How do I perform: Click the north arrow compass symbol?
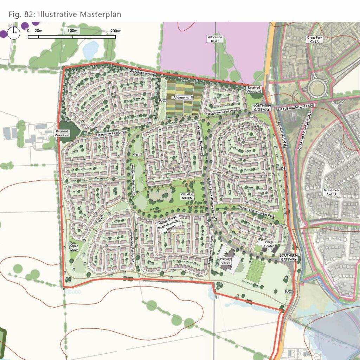coord(15,33)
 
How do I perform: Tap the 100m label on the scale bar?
coord(73,31)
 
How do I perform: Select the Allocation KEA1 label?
coord(216,39)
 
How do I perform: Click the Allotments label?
coord(181,97)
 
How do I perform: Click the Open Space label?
coord(74,247)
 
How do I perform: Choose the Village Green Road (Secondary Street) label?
coord(169,224)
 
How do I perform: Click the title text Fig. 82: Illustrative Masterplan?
coord(65,14)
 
